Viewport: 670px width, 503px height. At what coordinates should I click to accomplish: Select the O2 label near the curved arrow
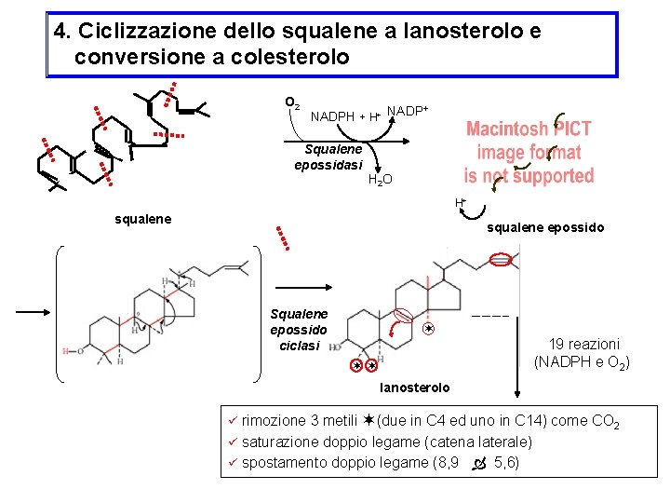[291, 103]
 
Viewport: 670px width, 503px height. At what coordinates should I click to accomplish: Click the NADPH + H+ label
[344, 116]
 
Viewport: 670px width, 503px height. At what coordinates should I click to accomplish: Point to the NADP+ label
[407, 111]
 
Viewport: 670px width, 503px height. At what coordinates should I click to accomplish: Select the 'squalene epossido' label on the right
[558, 227]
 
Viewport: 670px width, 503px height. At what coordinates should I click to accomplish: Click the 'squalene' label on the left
[142, 220]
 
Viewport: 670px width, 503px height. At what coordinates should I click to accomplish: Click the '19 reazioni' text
[583, 343]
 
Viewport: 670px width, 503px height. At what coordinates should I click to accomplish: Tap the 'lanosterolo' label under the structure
[415, 387]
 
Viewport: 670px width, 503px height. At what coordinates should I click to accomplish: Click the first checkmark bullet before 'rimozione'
[234, 421]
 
